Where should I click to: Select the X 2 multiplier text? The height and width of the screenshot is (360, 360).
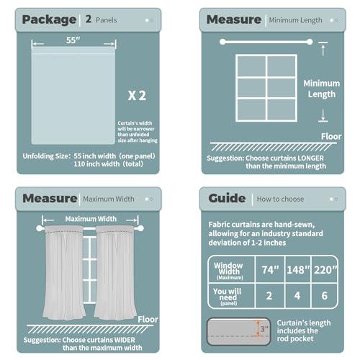pos(137,95)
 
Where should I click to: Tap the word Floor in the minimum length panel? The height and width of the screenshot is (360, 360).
pos(327,135)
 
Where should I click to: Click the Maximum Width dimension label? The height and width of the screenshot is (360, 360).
pos(91,218)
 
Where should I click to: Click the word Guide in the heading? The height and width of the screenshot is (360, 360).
pos(228,198)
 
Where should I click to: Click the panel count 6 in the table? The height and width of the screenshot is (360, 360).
pos(325,296)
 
